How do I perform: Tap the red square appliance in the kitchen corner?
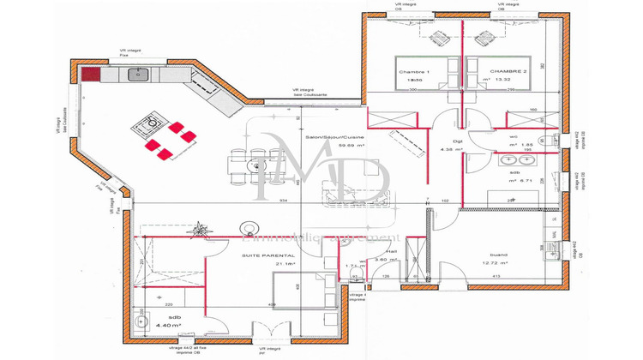(x=91, y=75)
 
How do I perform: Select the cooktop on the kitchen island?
(x=146, y=128)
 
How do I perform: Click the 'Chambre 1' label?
(x=412, y=71)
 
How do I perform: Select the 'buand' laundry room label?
(x=498, y=254)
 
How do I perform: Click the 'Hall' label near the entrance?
(x=391, y=252)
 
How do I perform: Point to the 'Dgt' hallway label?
(x=446, y=141)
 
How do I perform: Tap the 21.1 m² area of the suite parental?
(x=285, y=264)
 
